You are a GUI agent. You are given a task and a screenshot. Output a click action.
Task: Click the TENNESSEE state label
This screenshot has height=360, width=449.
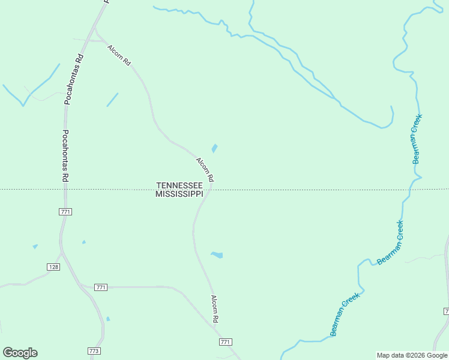(179, 186)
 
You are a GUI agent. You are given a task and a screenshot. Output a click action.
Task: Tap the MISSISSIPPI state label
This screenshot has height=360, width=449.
(179, 194)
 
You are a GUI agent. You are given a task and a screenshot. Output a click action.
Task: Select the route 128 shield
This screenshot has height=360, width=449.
(54, 266)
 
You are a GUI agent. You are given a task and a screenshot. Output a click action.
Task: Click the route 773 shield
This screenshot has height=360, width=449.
(93, 350)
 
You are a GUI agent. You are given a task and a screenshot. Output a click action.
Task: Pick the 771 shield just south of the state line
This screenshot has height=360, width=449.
(66, 212)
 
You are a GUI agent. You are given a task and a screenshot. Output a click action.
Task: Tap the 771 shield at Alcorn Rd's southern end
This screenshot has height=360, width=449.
(225, 342)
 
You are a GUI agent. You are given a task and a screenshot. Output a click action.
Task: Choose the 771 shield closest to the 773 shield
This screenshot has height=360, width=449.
(101, 287)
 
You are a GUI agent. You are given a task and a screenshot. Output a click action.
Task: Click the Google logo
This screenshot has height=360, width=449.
(20, 353)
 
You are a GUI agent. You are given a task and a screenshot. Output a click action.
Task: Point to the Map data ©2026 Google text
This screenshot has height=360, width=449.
(412, 355)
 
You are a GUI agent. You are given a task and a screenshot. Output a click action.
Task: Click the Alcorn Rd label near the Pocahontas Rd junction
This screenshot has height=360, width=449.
(119, 55)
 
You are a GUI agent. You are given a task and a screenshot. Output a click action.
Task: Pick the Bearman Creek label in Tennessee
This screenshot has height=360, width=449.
(417, 139)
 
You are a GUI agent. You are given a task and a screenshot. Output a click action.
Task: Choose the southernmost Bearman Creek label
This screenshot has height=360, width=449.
(345, 314)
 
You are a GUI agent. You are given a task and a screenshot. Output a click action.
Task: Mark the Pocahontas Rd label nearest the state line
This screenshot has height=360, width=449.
(65, 157)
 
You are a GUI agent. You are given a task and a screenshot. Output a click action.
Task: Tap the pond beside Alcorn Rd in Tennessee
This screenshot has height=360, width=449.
(214, 148)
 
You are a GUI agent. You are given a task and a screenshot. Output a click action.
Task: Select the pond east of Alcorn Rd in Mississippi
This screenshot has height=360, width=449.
(217, 255)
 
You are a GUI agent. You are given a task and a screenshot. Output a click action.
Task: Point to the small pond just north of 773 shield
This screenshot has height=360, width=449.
(108, 319)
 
